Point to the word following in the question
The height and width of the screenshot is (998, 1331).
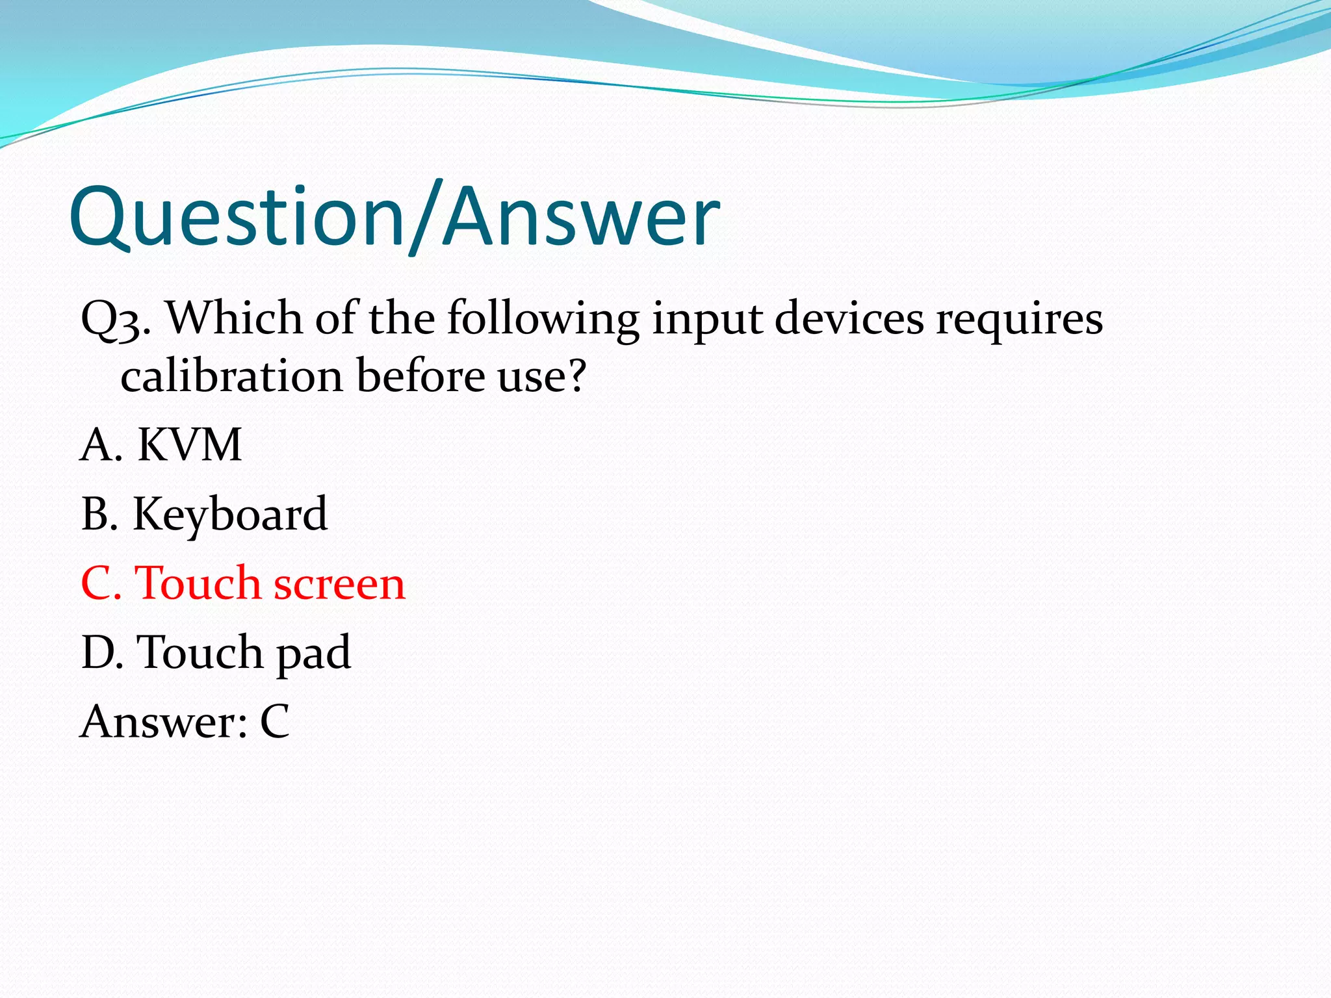pos(543,320)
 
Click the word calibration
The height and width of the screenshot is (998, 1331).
pos(231,376)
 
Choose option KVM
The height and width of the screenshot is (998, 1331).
pos(189,445)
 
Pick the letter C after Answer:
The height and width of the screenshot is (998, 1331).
pos(274,721)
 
